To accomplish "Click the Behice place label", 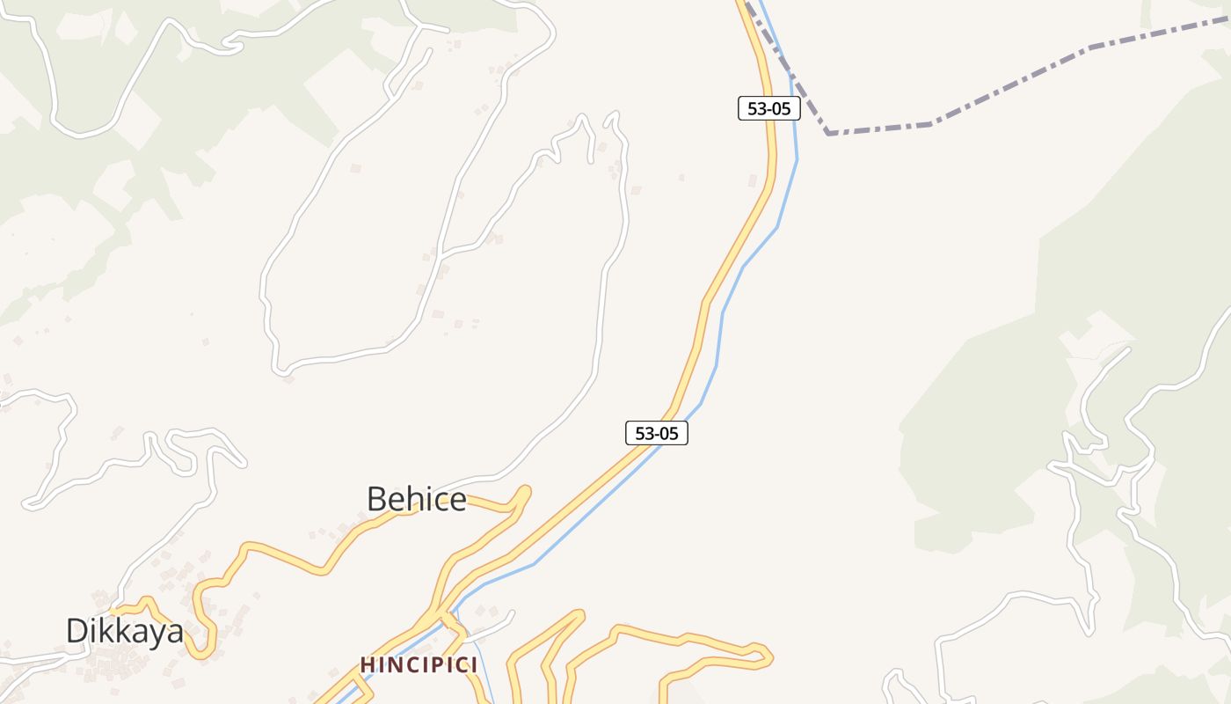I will pos(416,499).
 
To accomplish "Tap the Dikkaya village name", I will pos(125,630).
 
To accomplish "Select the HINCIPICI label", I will pos(419,664).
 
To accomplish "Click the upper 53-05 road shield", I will pos(768,109).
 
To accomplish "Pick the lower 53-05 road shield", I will pos(656,433).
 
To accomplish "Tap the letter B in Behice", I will pos(377,499).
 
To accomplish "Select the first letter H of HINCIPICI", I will pos(367,664).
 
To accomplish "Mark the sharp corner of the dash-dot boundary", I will pos(828,133).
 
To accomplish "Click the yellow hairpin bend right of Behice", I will pos(525,493).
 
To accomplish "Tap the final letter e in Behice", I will pos(457,501).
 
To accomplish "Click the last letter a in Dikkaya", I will pos(175,632).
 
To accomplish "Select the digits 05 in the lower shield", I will pos(668,433).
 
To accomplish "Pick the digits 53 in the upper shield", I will pos(755,109).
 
